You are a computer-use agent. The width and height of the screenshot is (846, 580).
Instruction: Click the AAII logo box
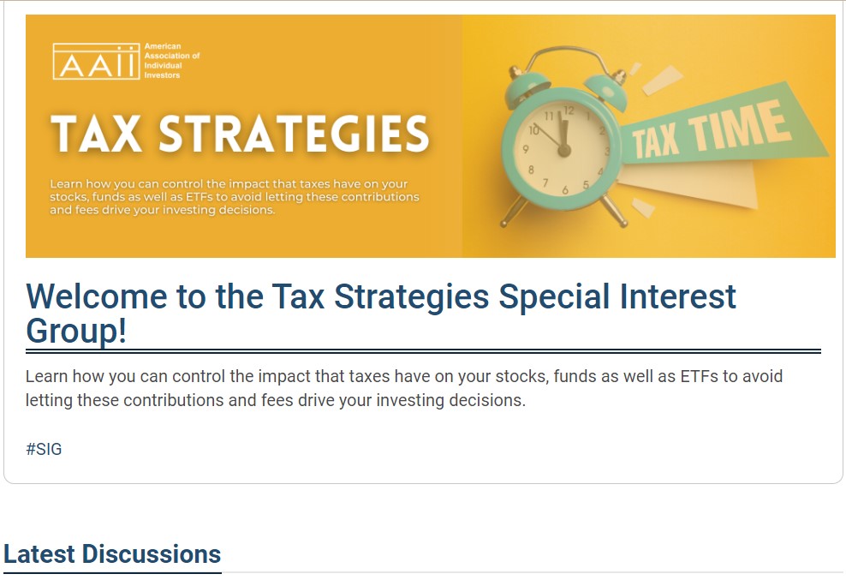(x=96, y=61)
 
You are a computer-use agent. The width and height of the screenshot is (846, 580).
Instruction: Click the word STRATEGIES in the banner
(x=294, y=134)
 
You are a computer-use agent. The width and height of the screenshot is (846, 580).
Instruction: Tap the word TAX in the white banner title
(x=96, y=134)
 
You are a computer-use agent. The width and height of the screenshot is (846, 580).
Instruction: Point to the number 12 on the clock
(x=569, y=111)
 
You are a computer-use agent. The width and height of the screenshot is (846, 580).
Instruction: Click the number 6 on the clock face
(x=565, y=190)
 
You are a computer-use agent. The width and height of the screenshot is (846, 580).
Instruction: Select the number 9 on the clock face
(x=525, y=150)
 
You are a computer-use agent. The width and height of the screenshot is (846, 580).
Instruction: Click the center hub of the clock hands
(x=564, y=150)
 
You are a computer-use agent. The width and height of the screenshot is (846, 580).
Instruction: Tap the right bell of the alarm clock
(x=606, y=88)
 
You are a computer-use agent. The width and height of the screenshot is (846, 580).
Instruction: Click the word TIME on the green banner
(x=739, y=128)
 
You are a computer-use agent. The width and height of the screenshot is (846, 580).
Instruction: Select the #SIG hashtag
(x=44, y=449)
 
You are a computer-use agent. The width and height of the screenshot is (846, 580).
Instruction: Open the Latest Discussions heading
(x=112, y=554)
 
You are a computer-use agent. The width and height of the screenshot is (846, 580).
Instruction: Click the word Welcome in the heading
(x=97, y=296)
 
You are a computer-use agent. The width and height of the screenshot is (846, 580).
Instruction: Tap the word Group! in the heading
(x=76, y=331)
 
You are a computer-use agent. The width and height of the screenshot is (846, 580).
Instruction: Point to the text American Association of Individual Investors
(x=171, y=61)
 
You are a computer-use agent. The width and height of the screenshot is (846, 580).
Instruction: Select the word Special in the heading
(x=553, y=297)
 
